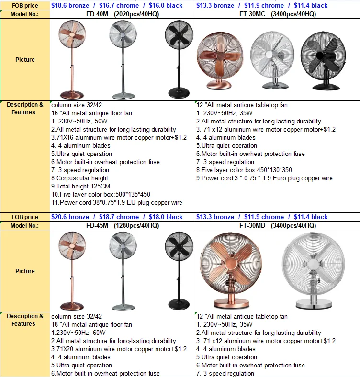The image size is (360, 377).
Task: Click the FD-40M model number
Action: point(97,14)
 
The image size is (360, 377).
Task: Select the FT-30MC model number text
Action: point(252,14)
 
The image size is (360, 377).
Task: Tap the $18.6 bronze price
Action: point(70,6)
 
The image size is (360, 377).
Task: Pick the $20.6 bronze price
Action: point(70,217)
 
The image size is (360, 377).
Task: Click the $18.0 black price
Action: point(166,217)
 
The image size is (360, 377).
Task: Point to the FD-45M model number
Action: point(97,225)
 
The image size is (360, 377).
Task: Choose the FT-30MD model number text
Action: point(252,225)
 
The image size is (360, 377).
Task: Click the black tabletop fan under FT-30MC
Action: point(324,61)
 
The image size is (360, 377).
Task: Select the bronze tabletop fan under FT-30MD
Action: point(231,270)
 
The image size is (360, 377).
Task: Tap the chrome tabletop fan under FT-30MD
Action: point(313,270)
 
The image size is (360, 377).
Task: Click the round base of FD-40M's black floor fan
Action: point(179,93)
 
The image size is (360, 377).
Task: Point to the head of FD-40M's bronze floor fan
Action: point(72,34)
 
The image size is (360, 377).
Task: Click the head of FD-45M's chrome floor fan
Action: point(123,246)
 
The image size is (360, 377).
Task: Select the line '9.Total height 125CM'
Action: point(80,186)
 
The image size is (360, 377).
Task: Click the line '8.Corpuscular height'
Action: point(79,178)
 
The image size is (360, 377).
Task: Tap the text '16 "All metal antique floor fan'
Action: point(92,113)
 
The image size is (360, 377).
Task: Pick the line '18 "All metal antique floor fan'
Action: point(92,324)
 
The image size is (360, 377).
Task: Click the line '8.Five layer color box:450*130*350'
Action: point(244,170)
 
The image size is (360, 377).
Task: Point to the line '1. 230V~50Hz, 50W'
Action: point(79,121)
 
